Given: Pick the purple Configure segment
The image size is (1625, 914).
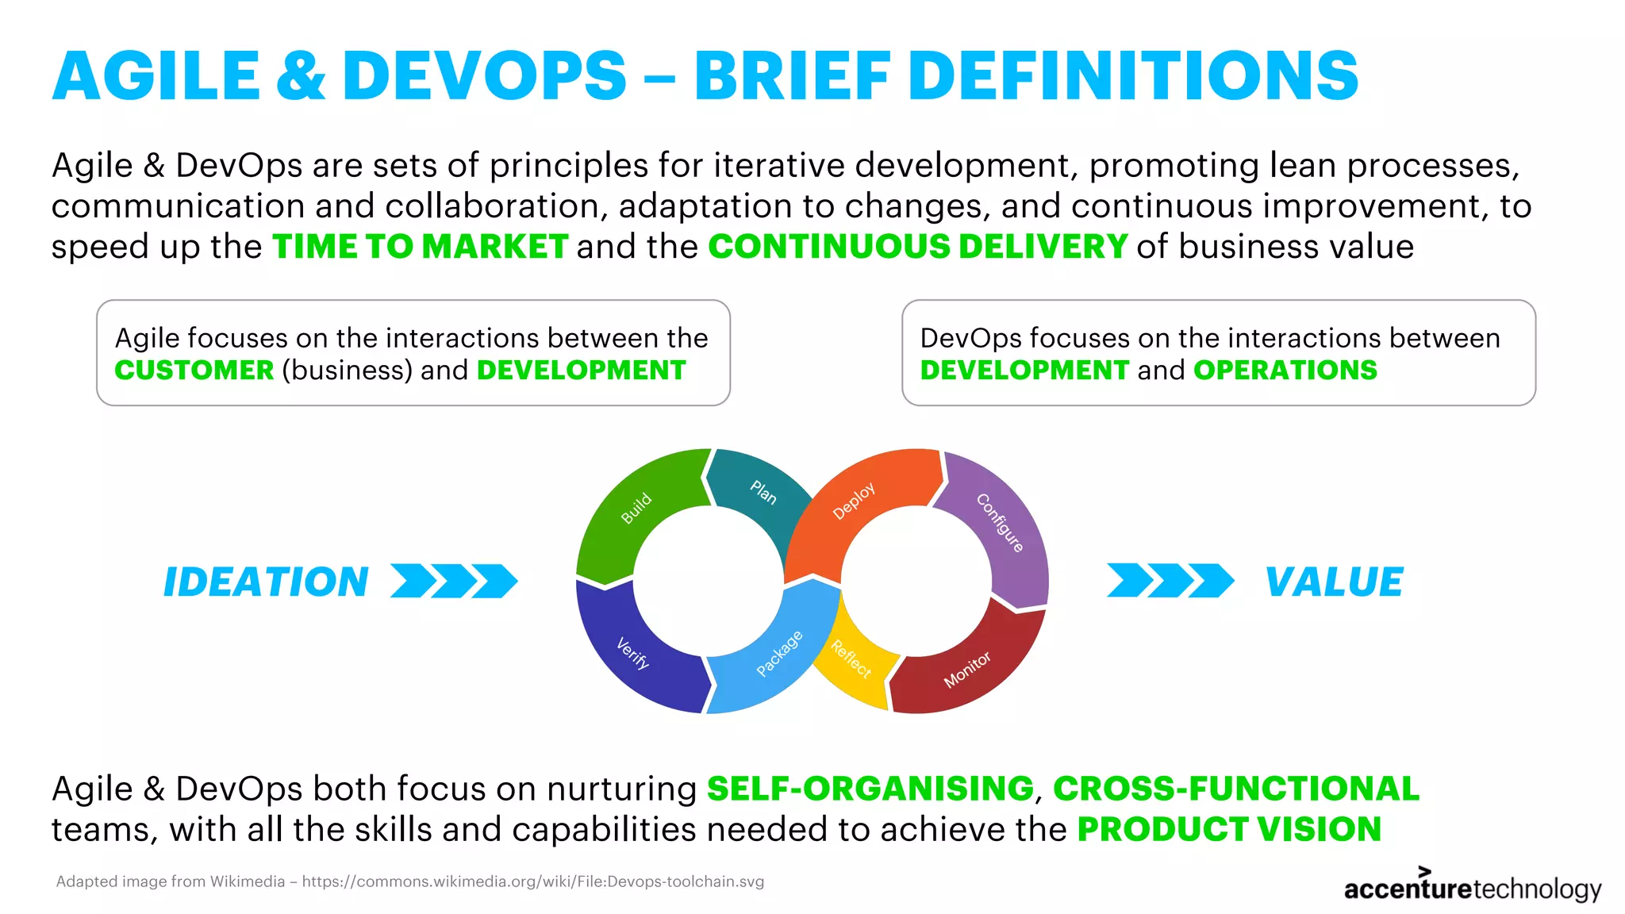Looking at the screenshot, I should pyautogui.click(x=1004, y=528).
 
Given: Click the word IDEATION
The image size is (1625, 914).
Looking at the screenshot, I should pyautogui.click(x=266, y=582).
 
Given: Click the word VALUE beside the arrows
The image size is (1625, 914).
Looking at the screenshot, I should pyautogui.click(x=1334, y=582).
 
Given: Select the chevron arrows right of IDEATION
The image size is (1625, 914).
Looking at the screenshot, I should pyautogui.click(x=454, y=581).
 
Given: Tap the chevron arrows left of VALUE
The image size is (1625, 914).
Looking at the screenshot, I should pyautogui.click(x=1170, y=581).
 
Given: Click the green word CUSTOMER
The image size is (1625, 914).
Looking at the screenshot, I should pyautogui.click(x=194, y=371).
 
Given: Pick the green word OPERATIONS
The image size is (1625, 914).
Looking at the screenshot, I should pyautogui.click(x=1285, y=371).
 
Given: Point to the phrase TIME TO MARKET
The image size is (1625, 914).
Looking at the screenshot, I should pyautogui.click(x=420, y=247).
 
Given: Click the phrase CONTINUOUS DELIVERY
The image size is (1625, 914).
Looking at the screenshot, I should pyautogui.click(x=917, y=247).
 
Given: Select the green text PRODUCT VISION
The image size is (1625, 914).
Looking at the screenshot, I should pyautogui.click(x=1228, y=829).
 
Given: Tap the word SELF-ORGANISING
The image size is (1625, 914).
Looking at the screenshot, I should pyautogui.click(x=870, y=789).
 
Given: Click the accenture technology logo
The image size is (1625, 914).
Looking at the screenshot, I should pyautogui.click(x=1472, y=887).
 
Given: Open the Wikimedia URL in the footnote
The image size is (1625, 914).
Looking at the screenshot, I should pyautogui.click(x=532, y=881).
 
